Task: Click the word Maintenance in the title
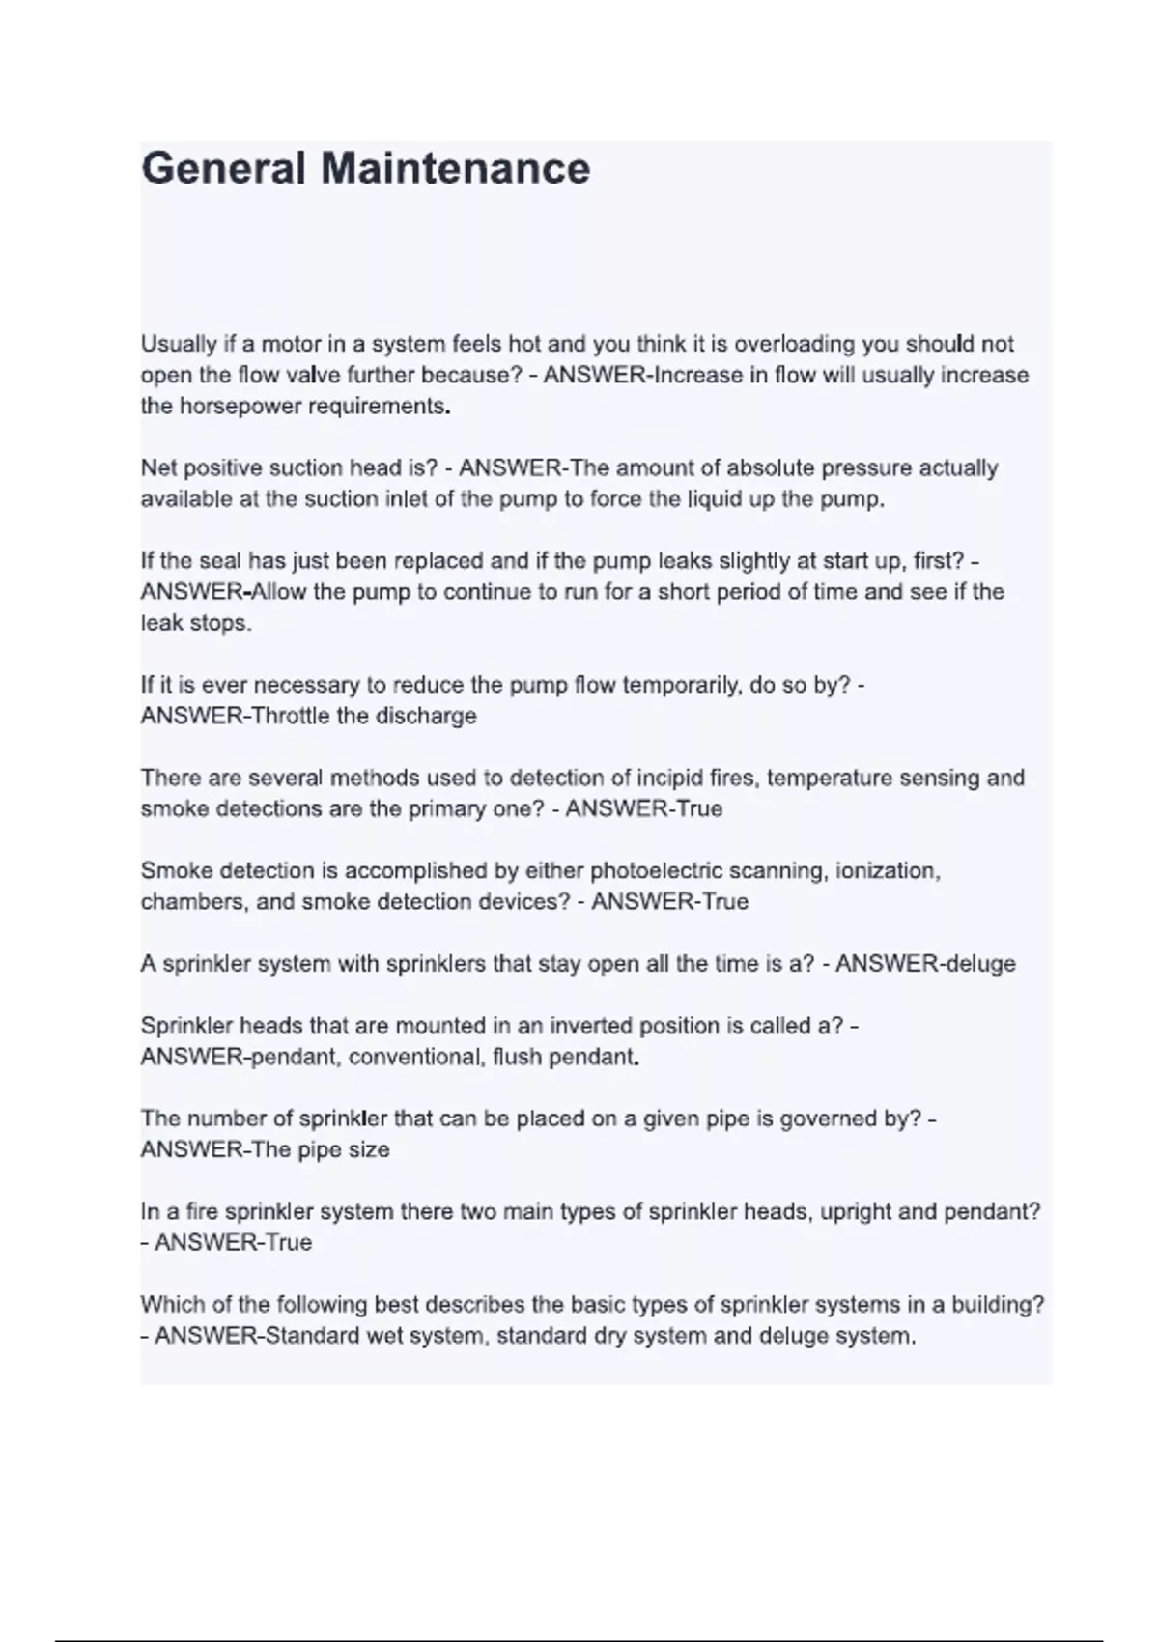[x=455, y=169]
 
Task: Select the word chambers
[x=183, y=902]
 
